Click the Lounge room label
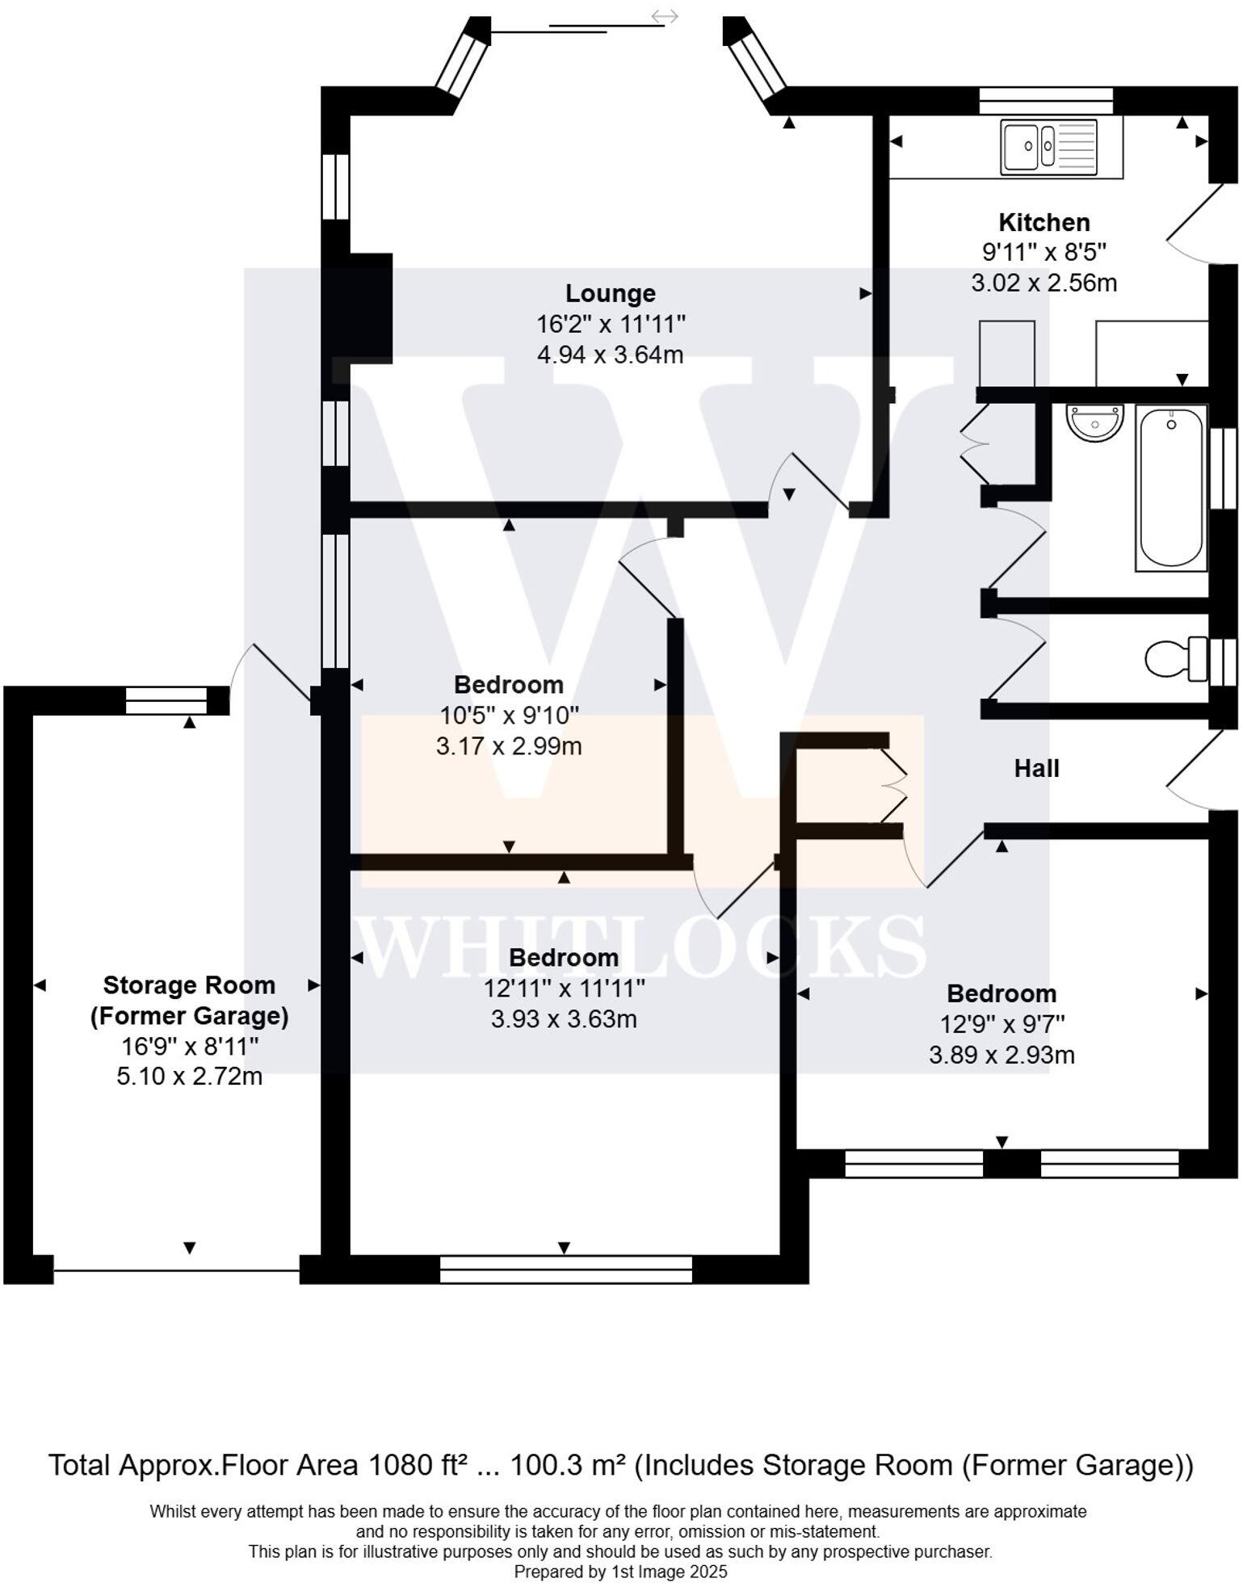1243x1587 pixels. pos(610,293)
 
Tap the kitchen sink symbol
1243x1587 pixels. pos(1048,146)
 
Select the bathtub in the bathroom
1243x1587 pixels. pos(1170,488)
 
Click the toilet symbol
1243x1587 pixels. pos(1175,659)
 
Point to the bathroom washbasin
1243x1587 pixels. pos(1094,422)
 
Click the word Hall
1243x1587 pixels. pos(1036,768)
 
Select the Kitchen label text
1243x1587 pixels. pos(1044,222)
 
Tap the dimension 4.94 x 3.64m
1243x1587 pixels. pos(610,355)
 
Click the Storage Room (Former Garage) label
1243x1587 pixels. pos(189,1000)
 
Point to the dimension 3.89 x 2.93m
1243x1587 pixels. pos(1002,1055)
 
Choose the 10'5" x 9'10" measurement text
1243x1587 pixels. pos(509,716)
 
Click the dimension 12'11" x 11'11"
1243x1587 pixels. pos(564,988)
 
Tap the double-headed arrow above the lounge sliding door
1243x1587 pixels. pos(664,15)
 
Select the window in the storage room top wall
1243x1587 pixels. pos(166,700)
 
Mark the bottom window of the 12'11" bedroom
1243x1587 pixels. pos(565,1269)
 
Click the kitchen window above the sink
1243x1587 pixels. pos(1045,100)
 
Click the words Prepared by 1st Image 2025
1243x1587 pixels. pos(620,1572)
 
